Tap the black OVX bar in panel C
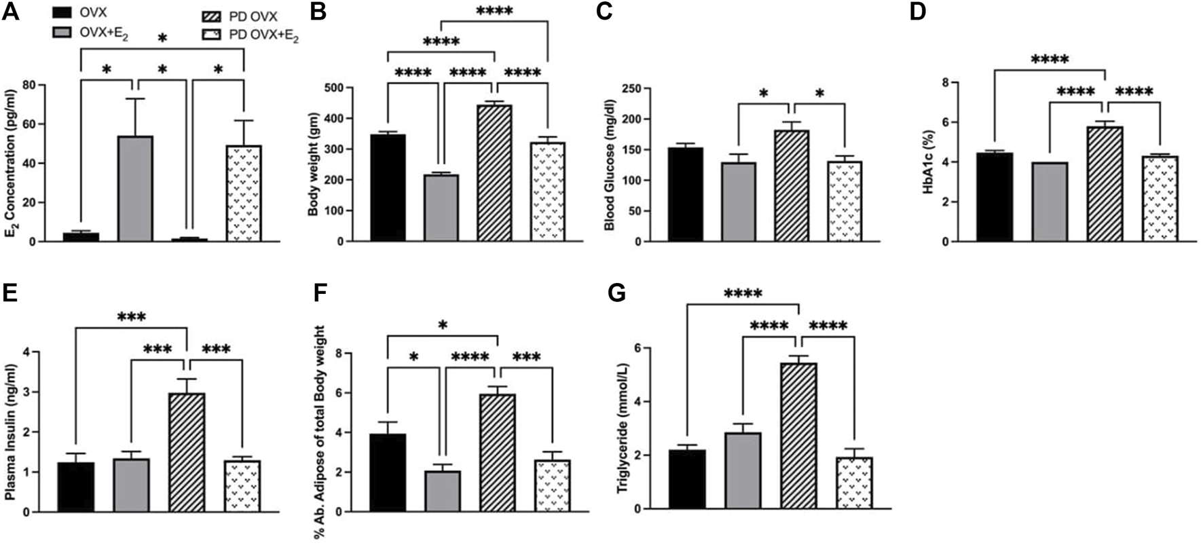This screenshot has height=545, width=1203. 686,194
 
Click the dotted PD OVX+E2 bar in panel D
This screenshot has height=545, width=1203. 1160,198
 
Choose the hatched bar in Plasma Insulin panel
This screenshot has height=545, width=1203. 187,452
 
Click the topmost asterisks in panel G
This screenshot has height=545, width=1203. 743,295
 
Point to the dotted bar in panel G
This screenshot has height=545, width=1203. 854,483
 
